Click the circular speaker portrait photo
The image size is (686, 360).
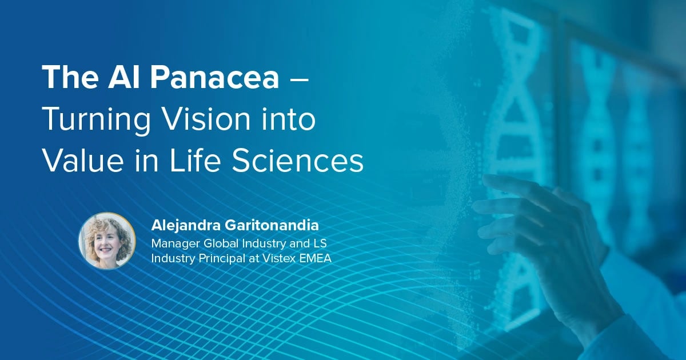107,241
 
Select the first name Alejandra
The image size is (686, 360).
184,225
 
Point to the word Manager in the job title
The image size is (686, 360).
174,243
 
